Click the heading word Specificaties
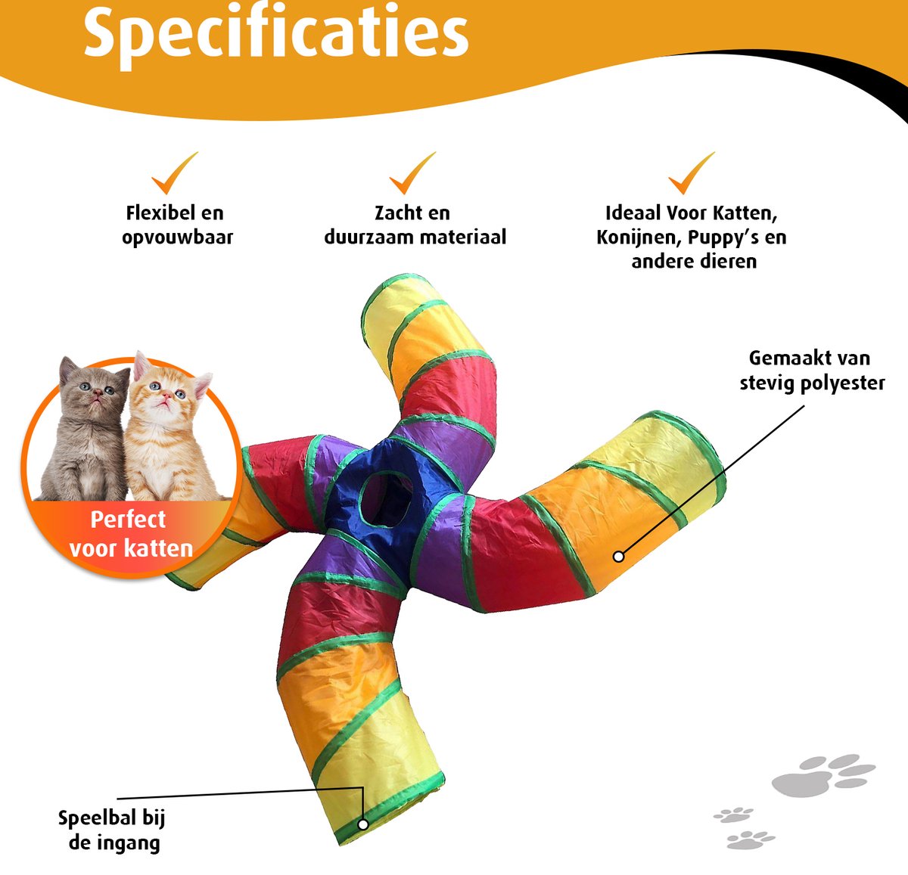[x=276, y=33]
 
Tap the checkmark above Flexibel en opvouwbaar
[x=173, y=173]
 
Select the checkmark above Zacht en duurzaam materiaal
[x=412, y=173]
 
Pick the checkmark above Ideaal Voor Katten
[x=691, y=173]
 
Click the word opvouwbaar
[x=177, y=237]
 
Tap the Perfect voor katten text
[x=131, y=534]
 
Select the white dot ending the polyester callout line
[x=618, y=557]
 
